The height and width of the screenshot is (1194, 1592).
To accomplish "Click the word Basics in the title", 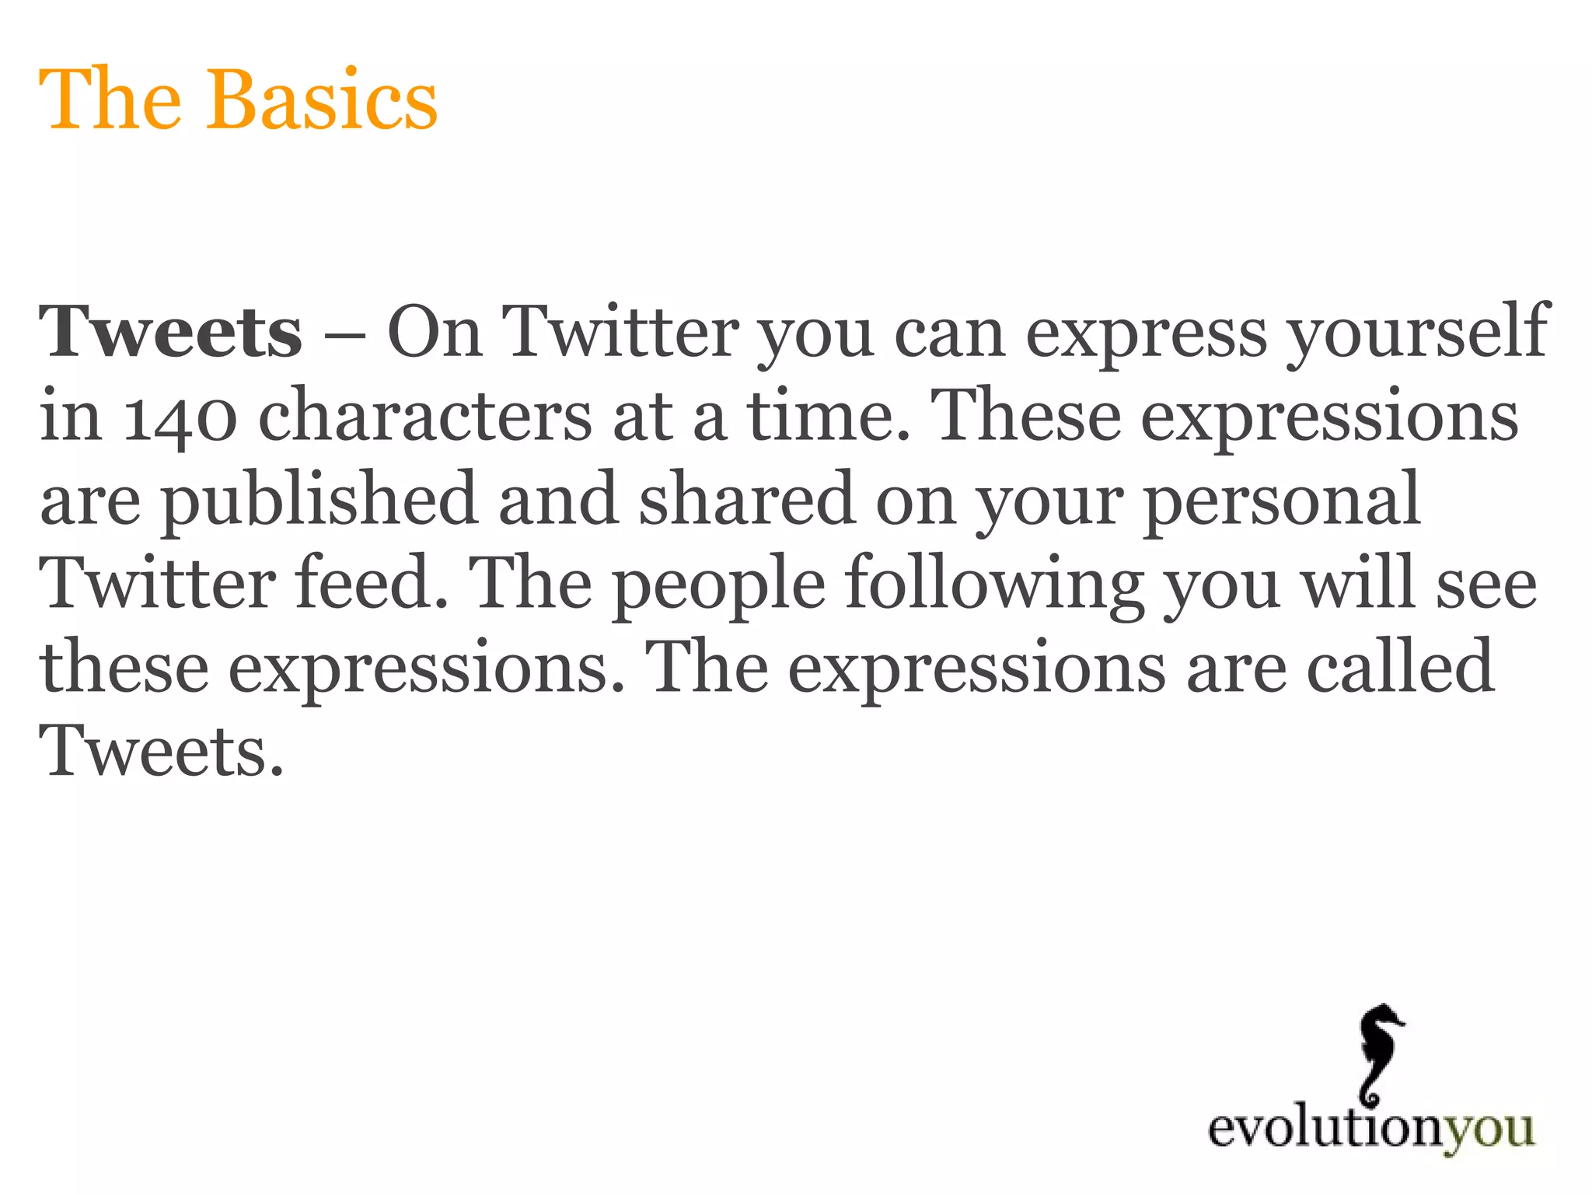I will pyautogui.click(x=321, y=101).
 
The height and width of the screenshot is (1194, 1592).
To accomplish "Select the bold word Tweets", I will pyautogui.click(x=171, y=333).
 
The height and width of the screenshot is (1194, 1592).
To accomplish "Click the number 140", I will pyautogui.click(x=180, y=417).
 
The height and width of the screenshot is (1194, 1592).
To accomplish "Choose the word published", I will pyautogui.click(x=319, y=502).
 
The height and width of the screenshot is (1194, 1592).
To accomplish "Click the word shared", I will pyautogui.click(x=747, y=501).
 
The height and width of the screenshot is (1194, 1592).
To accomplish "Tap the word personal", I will pyautogui.click(x=1282, y=502).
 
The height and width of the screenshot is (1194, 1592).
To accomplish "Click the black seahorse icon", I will pyautogui.click(x=1381, y=1054).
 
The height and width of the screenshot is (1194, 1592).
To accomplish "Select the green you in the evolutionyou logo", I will pyautogui.click(x=1489, y=1130).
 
